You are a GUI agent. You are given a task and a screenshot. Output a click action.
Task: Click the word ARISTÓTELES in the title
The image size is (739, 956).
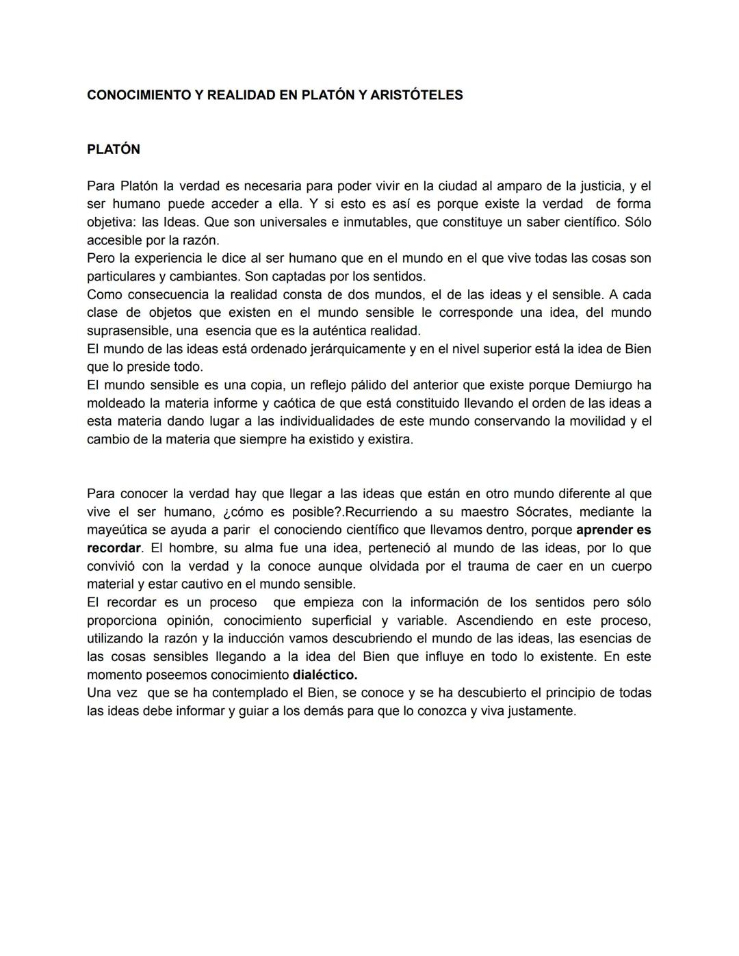tap(416, 95)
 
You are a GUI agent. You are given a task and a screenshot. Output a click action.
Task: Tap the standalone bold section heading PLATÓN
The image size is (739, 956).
tap(114, 149)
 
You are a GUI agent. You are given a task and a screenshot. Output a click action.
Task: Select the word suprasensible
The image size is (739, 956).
tap(127, 331)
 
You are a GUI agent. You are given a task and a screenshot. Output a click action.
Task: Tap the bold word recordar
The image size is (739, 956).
tap(113, 548)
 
